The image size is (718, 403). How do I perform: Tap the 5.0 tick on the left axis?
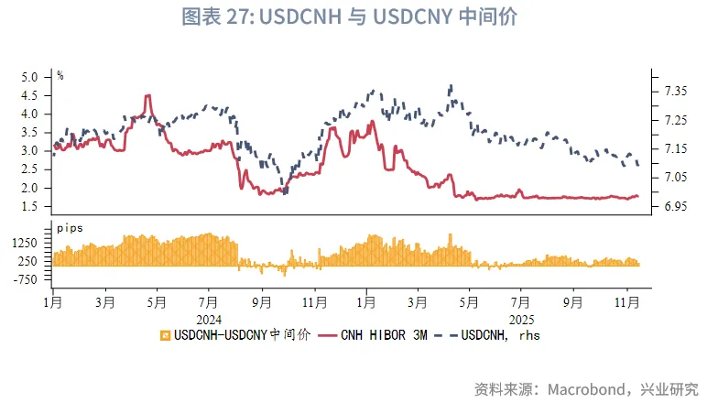coord(31,78)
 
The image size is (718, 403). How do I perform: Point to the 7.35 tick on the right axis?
coord(675,91)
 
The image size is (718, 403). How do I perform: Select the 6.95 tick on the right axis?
coord(675,206)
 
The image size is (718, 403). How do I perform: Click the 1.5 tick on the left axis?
coord(31,206)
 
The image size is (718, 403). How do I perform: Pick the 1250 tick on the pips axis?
coord(28,243)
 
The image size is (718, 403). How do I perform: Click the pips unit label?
coord(70,225)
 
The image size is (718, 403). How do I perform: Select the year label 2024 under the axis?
coord(209,320)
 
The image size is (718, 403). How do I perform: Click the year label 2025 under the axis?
coord(521,320)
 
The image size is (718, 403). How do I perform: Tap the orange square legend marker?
coord(165,334)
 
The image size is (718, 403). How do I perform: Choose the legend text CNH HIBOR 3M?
coord(377,334)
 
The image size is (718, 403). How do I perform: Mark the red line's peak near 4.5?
coord(147,95)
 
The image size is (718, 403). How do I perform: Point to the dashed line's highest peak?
coord(451,86)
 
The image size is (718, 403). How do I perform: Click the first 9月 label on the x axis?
coord(261,300)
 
